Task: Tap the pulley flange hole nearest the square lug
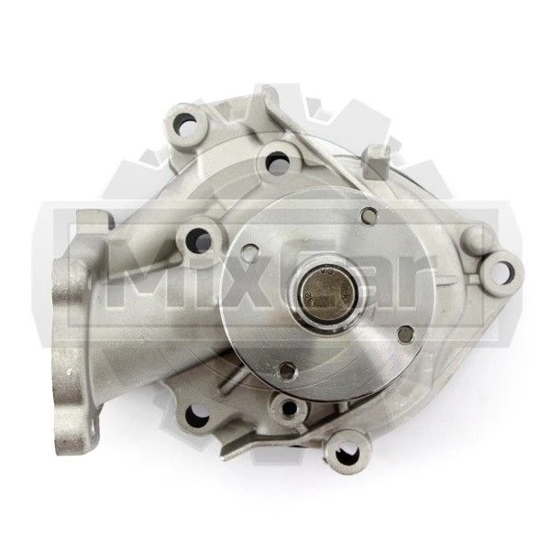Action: pyautogui.click(x=369, y=214)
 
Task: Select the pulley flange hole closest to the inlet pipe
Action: pyautogui.click(x=250, y=251)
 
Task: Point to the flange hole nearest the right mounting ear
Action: pyautogui.click(x=405, y=333)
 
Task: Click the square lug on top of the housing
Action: pyautogui.click(x=377, y=161)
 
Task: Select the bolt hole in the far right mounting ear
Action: pyautogui.click(x=500, y=271)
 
